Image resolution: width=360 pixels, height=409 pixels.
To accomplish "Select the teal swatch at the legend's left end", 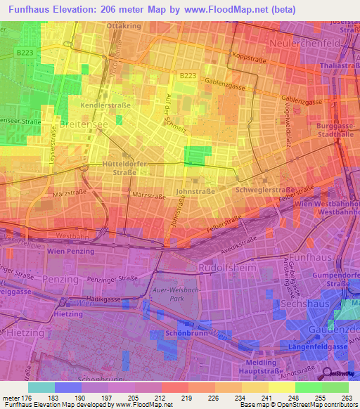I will (41, 387).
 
